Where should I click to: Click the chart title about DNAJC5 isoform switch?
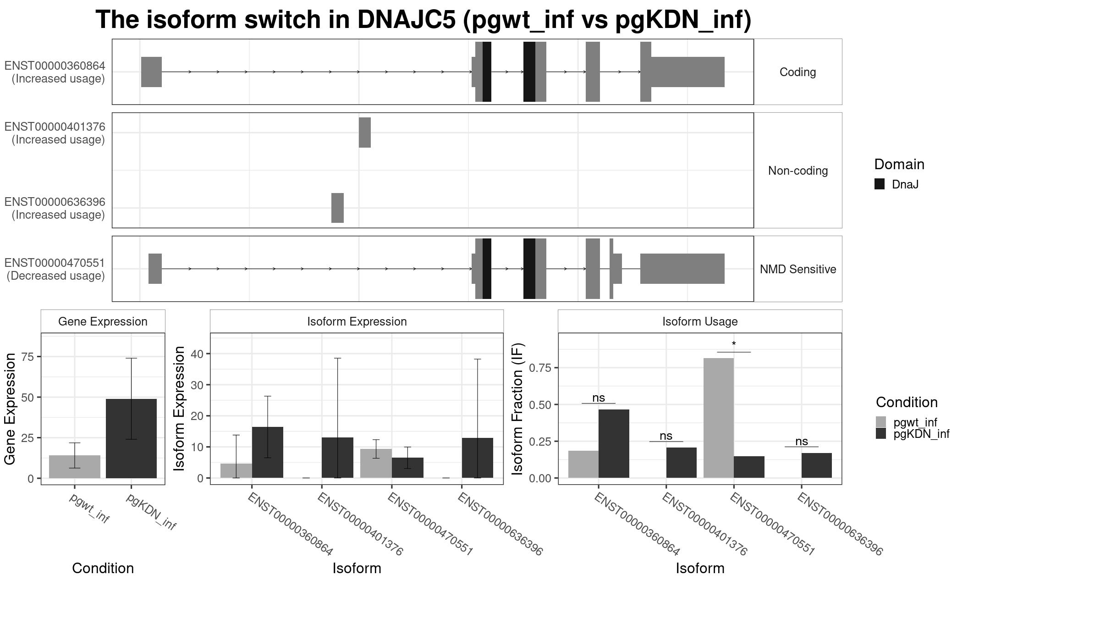pos(423,20)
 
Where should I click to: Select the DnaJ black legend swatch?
pos(880,184)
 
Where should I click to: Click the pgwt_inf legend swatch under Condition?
pos(881,422)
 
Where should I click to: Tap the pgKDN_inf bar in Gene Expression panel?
pos(131,438)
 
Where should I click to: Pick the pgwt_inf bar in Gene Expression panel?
pos(75,466)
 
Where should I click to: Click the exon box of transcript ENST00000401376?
pos(364,133)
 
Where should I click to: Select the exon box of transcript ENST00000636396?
pos(337,208)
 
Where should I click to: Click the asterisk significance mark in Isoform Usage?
pos(734,344)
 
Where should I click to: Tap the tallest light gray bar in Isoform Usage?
pos(718,418)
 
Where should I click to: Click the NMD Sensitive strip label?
pos(797,269)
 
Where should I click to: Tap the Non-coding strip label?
pos(797,171)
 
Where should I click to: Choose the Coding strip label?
pos(797,72)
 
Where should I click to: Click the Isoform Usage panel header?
pos(700,321)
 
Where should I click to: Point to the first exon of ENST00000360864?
pos(151,72)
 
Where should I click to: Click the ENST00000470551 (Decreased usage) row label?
pos(55,269)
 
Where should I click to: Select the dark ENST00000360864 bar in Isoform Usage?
pos(614,443)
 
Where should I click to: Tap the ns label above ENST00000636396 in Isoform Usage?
pos(801,441)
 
